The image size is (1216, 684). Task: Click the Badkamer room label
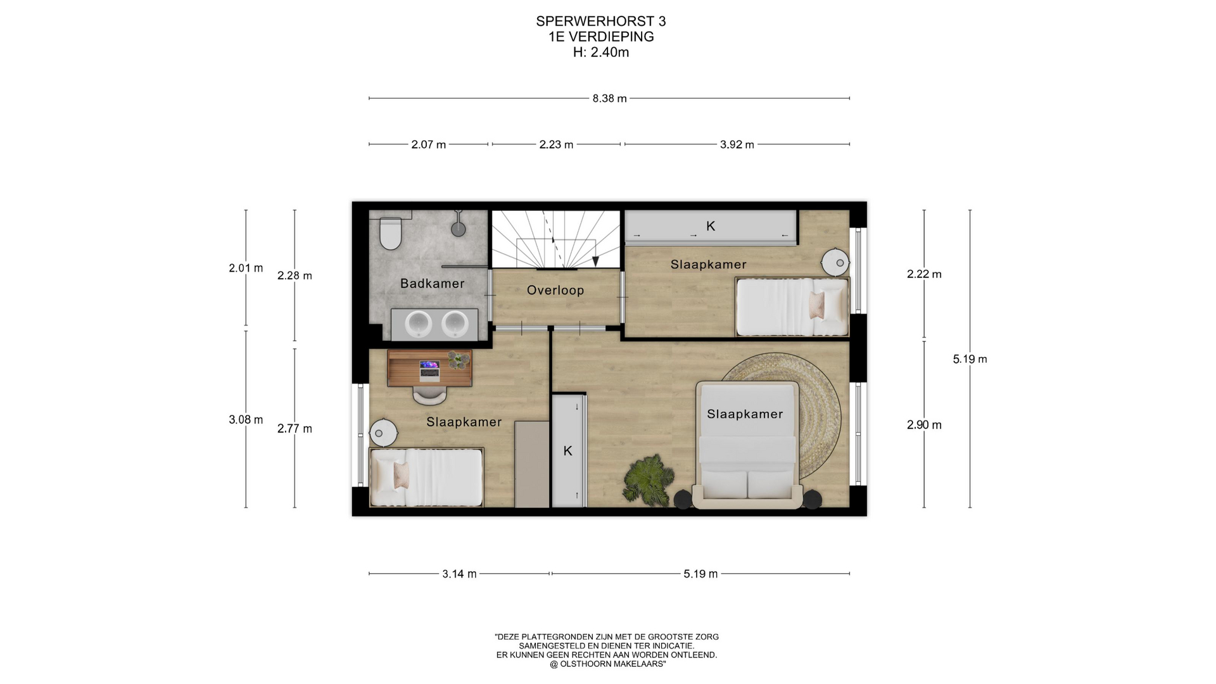pos(432,284)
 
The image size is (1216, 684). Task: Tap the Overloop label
pos(555,290)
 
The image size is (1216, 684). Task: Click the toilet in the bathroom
pos(390,234)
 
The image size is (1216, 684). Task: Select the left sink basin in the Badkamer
pos(419,324)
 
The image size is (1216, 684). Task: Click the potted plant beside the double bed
pos(647,480)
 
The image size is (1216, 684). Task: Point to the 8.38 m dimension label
pos(609,99)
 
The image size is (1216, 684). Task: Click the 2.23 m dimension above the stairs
pos(556,144)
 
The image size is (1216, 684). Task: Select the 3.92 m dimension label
pos(737,144)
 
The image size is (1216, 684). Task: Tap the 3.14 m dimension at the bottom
pos(459,574)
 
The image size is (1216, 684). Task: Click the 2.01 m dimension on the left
pos(246,268)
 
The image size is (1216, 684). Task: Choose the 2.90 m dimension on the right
pos(924,425)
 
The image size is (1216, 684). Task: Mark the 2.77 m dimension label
pos(294,429)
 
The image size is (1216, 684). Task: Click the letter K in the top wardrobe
pos(711,226)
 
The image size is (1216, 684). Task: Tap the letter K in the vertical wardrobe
pos(567,451)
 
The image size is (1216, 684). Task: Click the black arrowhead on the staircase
pos(595,261)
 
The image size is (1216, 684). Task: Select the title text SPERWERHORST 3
pos(601,22)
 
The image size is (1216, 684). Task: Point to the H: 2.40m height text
pos(601,53)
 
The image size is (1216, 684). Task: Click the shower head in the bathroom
pos(459,228)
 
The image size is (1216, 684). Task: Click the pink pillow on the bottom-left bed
pos(400,475)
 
